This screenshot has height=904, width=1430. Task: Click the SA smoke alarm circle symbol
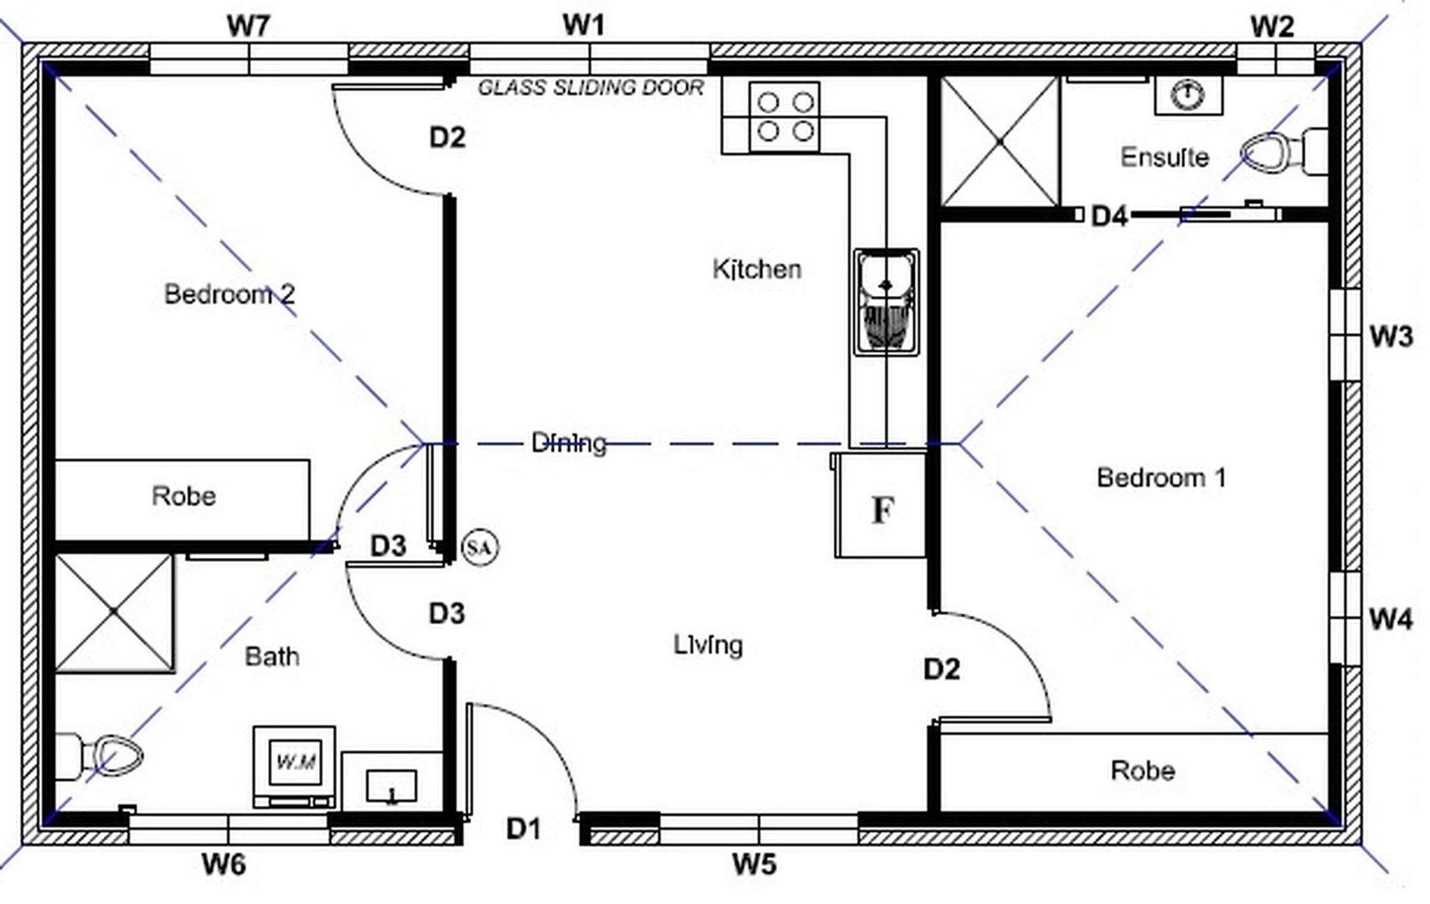480,547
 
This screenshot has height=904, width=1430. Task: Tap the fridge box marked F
880,505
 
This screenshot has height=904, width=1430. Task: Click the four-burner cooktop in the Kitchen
784,117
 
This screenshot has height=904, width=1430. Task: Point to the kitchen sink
886,303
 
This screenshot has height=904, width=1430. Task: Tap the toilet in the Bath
98,757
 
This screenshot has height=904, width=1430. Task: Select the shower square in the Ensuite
1000,141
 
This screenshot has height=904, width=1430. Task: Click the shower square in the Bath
114,613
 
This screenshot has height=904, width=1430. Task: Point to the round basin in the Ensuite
1187,94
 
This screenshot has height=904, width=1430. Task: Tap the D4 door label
1109,216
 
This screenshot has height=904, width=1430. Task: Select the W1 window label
584,25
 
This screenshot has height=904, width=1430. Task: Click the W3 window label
1391,337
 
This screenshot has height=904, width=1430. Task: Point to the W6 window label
224,864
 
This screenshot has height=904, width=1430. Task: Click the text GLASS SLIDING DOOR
591,88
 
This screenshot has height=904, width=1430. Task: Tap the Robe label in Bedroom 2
184,496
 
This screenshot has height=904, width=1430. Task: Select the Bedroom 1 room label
1161,478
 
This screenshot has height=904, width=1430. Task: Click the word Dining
569,443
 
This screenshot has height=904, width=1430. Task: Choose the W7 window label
248,26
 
